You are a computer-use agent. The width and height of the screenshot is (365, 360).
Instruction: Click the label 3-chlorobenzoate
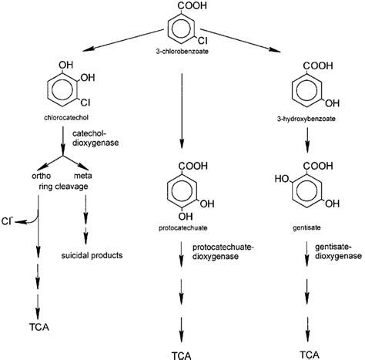[183, 52]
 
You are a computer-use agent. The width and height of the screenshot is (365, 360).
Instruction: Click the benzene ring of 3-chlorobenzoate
[181, 30]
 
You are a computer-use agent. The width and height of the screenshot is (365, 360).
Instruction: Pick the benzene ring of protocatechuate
[182, 193]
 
